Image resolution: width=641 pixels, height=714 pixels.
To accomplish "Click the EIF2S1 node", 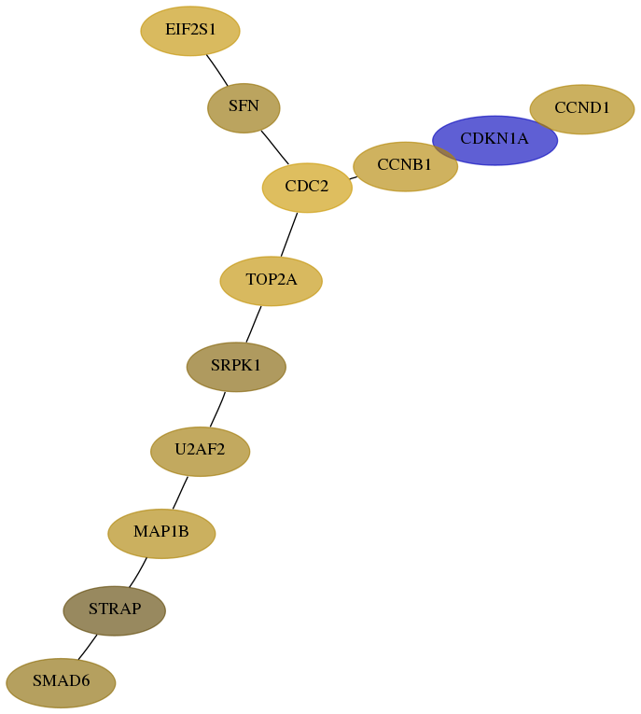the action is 189,31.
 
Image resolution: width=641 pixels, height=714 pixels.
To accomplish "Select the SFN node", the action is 244,108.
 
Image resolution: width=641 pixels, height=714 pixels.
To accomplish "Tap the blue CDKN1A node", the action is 495,140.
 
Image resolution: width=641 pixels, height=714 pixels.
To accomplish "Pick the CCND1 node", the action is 582,109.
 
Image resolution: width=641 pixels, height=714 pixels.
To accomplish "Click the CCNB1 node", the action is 405,167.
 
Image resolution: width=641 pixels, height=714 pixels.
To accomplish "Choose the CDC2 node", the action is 307,188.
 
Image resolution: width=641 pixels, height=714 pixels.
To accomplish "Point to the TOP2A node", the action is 271,281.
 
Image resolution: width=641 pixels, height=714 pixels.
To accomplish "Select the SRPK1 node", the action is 236,367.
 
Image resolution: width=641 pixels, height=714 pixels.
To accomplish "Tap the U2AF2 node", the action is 200,451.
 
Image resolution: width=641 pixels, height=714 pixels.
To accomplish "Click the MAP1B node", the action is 161,533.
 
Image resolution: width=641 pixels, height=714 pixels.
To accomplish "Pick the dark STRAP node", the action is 114,610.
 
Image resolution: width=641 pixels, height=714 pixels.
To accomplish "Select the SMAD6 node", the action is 61,682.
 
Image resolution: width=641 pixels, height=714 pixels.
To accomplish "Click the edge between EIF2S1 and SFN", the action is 217,70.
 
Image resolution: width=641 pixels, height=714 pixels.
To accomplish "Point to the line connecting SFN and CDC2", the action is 275,147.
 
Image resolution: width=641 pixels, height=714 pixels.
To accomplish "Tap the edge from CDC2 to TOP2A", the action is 289,234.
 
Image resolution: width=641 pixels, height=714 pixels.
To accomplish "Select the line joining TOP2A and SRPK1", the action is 254,324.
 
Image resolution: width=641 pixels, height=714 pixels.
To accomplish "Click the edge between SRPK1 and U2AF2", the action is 217,410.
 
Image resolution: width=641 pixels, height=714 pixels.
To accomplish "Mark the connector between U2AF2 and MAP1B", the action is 180,493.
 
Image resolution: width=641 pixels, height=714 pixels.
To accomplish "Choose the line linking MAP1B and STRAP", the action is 138,572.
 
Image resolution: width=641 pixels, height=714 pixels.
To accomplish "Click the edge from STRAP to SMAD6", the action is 88,647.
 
